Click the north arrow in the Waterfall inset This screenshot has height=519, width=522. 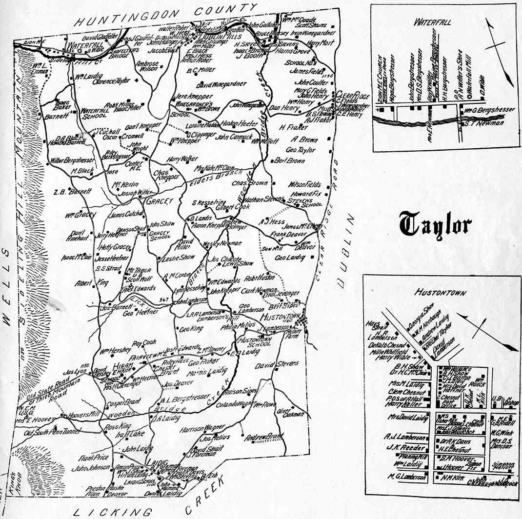click(x=499, y=49)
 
